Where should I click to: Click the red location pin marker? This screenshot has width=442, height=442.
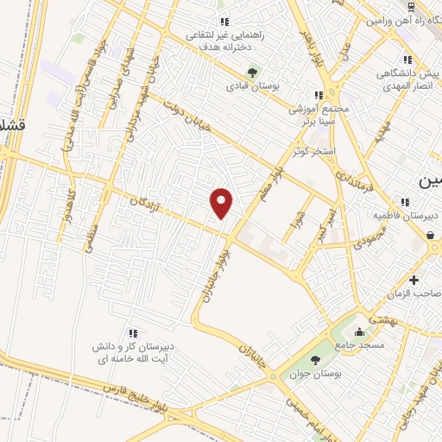222,203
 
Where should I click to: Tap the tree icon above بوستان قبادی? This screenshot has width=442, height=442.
252,73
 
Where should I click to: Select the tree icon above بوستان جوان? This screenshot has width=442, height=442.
313,361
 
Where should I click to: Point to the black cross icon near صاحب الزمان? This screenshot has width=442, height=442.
414,280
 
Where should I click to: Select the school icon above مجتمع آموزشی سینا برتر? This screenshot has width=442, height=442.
319,95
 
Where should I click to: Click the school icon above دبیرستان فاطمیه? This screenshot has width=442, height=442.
405,202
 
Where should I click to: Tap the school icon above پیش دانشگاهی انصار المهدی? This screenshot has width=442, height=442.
405,60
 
